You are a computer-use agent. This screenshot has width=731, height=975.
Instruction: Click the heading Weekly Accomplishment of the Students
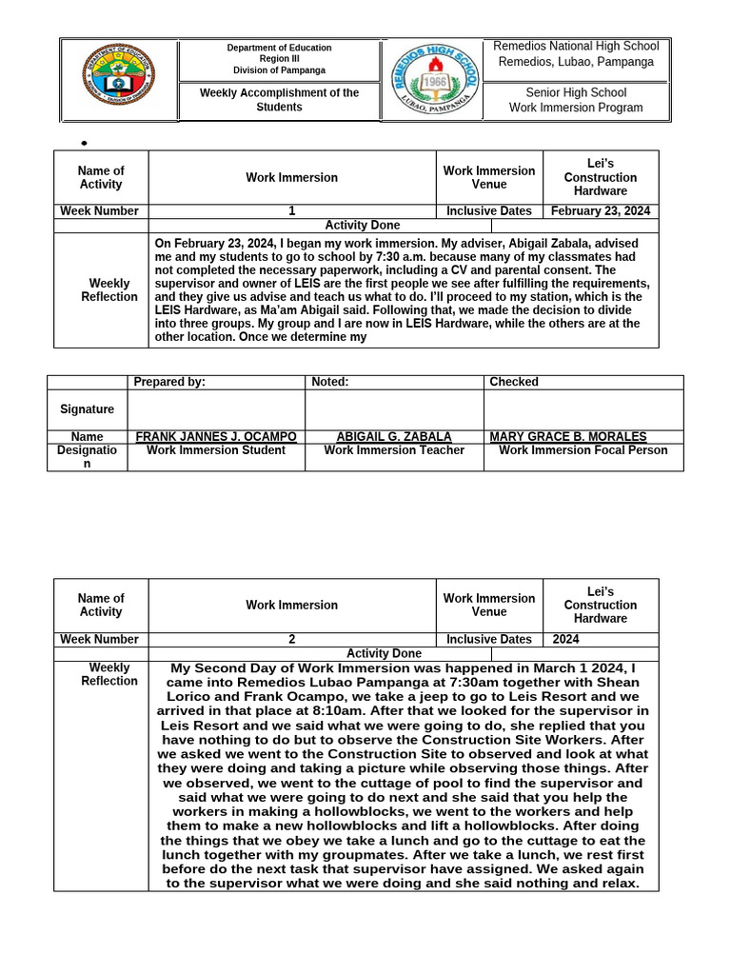tap(279, 100)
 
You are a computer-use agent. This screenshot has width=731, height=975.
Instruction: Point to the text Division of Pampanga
tap(279, 70)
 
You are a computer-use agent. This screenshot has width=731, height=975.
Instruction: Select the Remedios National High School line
tap(576, 46)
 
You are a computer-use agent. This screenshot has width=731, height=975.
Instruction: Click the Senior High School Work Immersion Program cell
tap(576, 100)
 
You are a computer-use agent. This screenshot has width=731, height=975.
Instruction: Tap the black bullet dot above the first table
tap(84, 144)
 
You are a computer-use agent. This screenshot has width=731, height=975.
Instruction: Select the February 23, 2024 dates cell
tap(601, 211)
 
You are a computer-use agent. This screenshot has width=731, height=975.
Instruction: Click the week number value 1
tap(291, 211)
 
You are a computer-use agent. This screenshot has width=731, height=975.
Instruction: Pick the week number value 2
tap(291, 640)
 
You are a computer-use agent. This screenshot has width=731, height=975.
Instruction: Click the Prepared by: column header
tap(169, 382)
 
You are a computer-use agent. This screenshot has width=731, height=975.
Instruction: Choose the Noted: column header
tap(330, 382)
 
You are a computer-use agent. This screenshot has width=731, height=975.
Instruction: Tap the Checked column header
tap(514, 382)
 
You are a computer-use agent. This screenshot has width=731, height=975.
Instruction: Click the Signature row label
tap(87, 409)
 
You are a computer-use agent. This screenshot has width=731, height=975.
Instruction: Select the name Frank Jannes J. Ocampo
tap(216, 437)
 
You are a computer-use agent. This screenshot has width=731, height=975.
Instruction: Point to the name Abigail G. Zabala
tap(394, 437)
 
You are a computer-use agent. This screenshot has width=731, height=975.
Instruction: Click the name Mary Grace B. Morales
tap(567, 437)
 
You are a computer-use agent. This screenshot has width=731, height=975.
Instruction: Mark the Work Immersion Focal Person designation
tap(583, 450)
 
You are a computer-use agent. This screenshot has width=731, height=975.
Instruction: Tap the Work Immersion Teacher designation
tap(394, 450)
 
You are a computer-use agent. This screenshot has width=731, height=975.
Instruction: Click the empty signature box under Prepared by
tap(216, 409)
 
